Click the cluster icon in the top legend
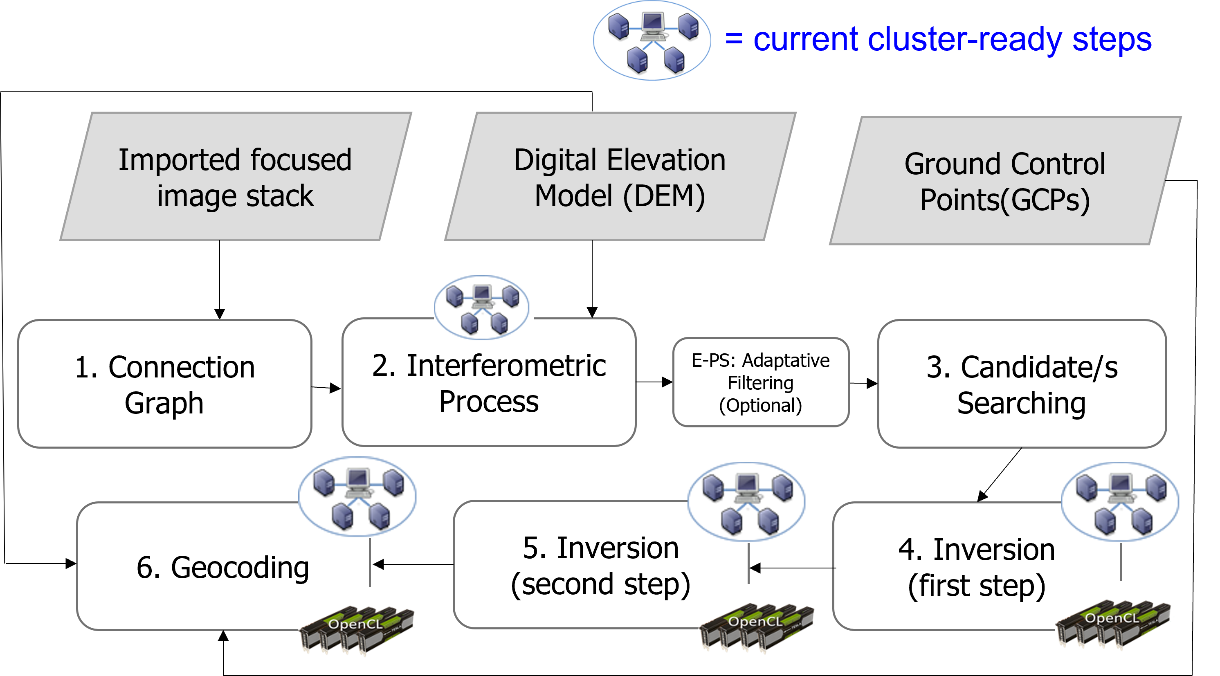pos(652,40)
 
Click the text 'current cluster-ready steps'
pos(952,40)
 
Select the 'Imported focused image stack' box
pos(236,177)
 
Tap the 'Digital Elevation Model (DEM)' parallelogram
pos(620,177)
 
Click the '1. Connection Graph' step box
pos(164,384)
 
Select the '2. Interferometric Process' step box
pos(489,383)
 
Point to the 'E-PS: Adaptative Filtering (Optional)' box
pos(761,382)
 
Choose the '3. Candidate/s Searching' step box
pos(1022,384)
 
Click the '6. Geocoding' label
pos(222,567)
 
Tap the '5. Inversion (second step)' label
pos(600,566)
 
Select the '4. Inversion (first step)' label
pos(977,568)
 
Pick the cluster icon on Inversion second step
pos(747,502)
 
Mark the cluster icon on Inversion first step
pos(1121,502)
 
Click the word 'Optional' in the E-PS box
pos(761,406)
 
